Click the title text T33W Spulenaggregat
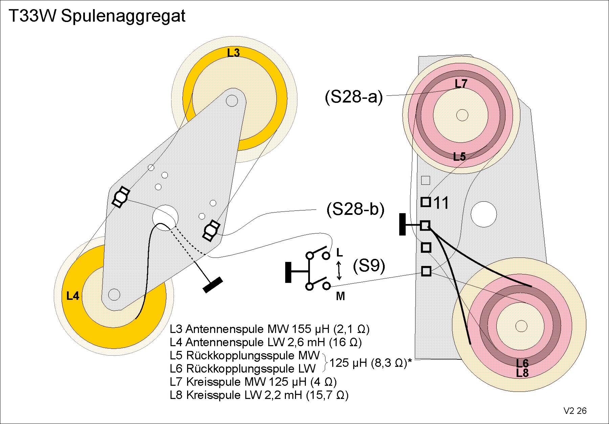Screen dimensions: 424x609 [97, 16]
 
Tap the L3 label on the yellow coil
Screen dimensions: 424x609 [233, 53]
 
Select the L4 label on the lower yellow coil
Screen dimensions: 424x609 [73, 296]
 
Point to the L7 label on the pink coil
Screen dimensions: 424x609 [461, 84]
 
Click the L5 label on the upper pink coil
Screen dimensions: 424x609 [459, 157]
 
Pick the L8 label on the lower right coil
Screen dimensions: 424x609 [522, 373]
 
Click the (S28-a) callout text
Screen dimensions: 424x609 [354, 97]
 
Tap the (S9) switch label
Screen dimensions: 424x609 [369, 266]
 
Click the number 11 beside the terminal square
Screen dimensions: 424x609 [441, 203]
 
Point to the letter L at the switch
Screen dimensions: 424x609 [339, 252]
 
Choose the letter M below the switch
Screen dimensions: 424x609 [340, 296]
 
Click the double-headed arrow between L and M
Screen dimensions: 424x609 [339, 270]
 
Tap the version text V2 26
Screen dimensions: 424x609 [575, 411]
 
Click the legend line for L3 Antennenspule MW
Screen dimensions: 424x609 [269, 329]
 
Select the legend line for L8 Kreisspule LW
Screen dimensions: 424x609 [259, 395]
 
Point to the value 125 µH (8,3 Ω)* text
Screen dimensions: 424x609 [371, 363]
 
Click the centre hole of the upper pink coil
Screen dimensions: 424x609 [462, 115]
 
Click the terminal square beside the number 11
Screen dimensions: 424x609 [426, 202]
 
